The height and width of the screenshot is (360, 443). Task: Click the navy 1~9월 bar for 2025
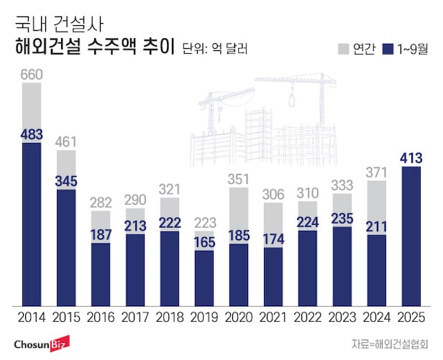410,237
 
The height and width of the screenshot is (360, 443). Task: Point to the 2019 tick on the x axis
204,316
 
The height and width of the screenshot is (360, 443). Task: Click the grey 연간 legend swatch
343,49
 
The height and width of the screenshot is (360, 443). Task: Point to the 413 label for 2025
410,157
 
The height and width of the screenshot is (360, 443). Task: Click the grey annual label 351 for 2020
239,180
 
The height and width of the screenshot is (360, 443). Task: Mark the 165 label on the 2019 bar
204,242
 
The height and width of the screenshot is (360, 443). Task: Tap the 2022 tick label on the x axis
307,316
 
